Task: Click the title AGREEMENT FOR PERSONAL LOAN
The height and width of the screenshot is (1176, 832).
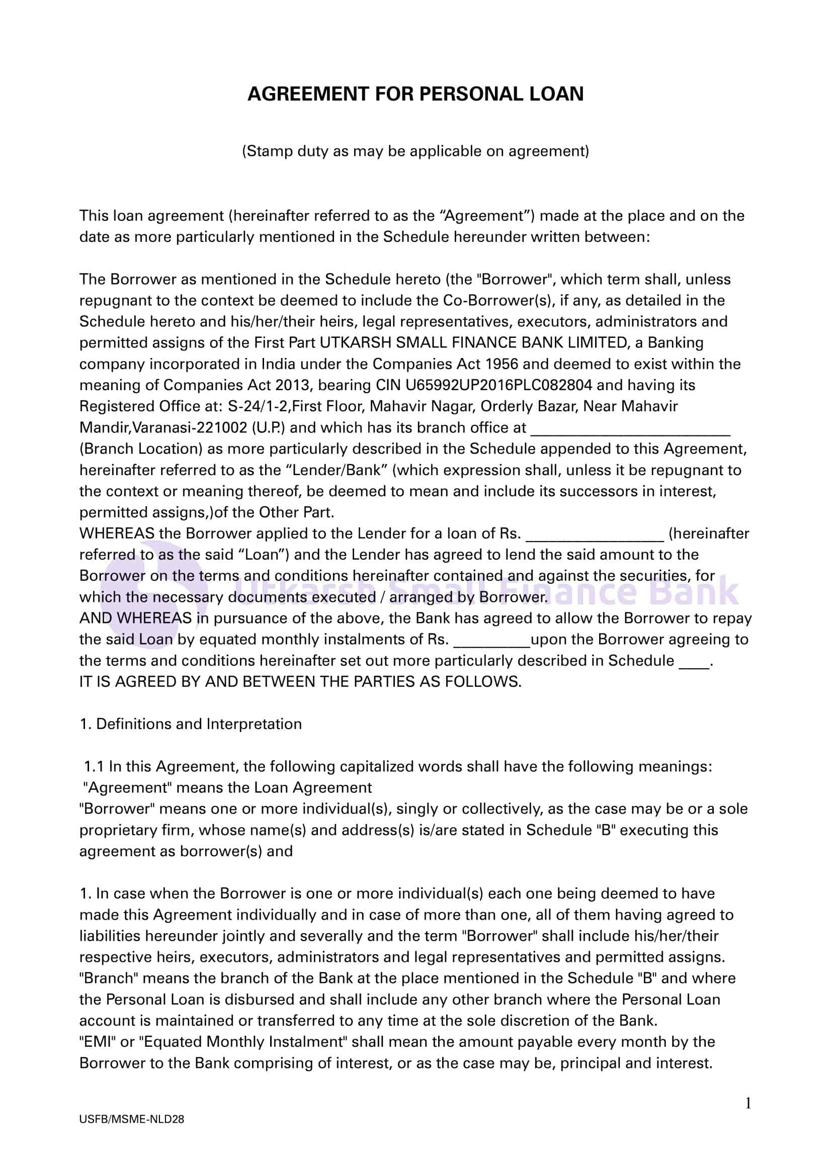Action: (415, 94)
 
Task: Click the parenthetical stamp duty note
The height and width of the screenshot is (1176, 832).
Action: (415, 151)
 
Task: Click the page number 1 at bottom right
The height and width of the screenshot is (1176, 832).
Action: (747, 1103)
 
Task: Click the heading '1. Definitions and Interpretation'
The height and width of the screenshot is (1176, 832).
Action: (191, 724)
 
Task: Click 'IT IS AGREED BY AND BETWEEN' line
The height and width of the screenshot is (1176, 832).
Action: (300, 682)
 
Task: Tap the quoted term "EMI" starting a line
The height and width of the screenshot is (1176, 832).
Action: (97, 1042)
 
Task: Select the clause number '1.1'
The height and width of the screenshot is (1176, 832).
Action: (94, 767)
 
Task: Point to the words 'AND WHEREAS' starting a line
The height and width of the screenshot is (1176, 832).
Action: (135, 618)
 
